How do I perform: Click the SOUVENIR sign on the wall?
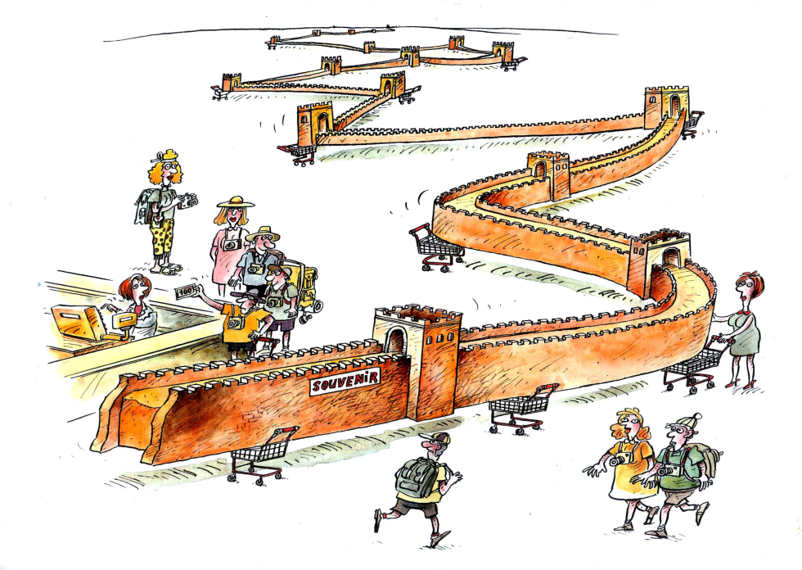[x=345, y=381]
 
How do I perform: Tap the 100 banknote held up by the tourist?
[x=187, y=291]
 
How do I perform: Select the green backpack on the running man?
[x=417, y=477]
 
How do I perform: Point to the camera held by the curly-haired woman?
[x=189, y=201]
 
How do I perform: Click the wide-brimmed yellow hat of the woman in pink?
[x=236, y=201]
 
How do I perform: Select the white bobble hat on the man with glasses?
[x=684, y=422]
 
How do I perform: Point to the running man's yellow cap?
[x=435, y=438]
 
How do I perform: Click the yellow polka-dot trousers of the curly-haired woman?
[x=164, y=241]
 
